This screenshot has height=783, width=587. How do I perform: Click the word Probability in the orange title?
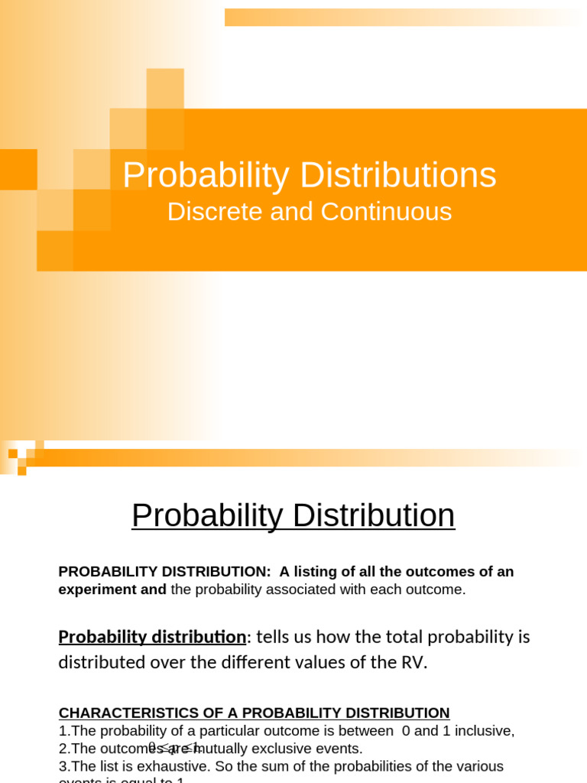[206, 175]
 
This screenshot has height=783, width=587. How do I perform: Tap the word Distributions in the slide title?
[398, 175]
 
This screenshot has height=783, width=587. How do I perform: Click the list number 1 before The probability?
[62, 731]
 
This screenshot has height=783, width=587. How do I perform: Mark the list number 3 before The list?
[62, 766]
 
